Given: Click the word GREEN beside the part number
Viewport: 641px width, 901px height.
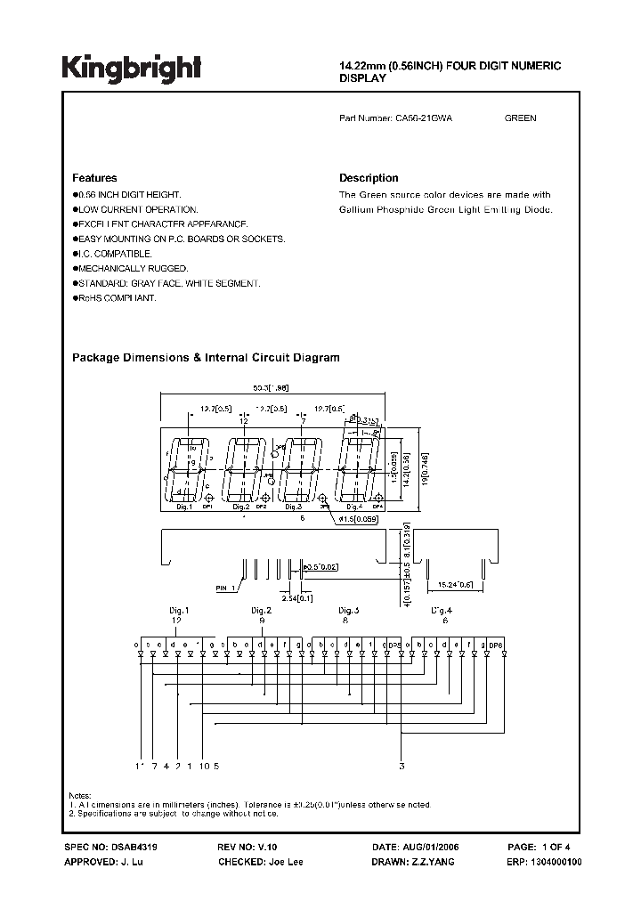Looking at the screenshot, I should point(521,118).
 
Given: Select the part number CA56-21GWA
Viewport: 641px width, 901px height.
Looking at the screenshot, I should point(424,118).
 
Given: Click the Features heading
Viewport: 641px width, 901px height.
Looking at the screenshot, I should point(94,178).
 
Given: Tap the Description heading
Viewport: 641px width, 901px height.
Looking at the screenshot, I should point(369,178).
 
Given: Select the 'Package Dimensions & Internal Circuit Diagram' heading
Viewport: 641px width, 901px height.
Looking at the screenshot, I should point(206,358).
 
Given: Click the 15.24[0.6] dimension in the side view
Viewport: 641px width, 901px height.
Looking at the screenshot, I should point(454,585).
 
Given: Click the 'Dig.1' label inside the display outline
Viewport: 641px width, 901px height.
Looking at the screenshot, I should point(182,507).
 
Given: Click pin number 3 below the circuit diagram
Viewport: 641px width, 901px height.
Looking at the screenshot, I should point(402,766).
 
